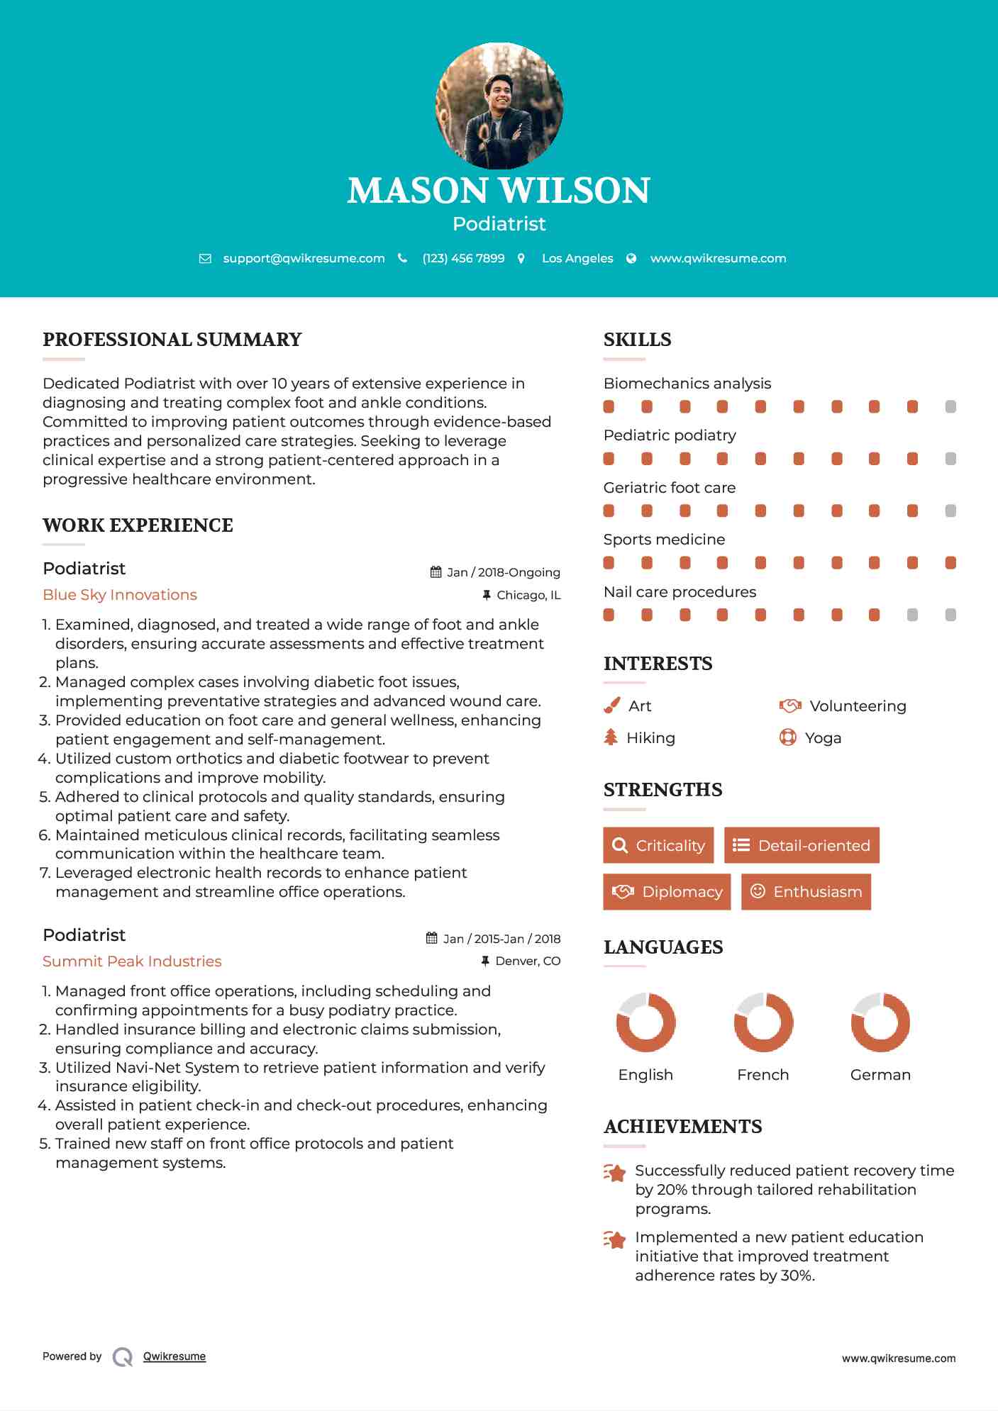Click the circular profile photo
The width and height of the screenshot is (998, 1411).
point(499,106)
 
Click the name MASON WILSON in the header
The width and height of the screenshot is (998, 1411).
point(499,191)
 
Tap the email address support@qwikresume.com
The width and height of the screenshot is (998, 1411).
point(304,259)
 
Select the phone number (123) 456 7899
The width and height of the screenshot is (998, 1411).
point(463,259)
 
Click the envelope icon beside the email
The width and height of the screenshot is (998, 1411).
point(205,259)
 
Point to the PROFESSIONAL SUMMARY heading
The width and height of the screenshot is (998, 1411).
point(172,340)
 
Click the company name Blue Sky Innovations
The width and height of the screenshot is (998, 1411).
point(120,595)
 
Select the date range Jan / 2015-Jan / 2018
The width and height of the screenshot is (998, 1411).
point(501,939)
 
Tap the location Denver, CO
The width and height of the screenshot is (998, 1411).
point(528,961)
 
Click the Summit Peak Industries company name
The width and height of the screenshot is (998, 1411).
point(132,961)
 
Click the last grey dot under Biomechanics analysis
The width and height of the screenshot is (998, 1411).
point(950,407)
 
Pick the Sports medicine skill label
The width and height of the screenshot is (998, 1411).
point(664,540)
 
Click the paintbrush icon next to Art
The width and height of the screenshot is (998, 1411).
point(611,706)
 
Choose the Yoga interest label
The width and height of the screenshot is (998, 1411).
point(823,738)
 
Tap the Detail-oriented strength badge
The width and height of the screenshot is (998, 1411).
point(802,845)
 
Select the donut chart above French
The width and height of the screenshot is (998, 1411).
point(763,1022)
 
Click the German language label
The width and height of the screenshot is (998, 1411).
point(880,1075)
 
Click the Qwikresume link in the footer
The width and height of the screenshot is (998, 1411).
point(174,1356)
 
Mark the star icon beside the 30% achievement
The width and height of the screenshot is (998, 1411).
point(615,1239)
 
